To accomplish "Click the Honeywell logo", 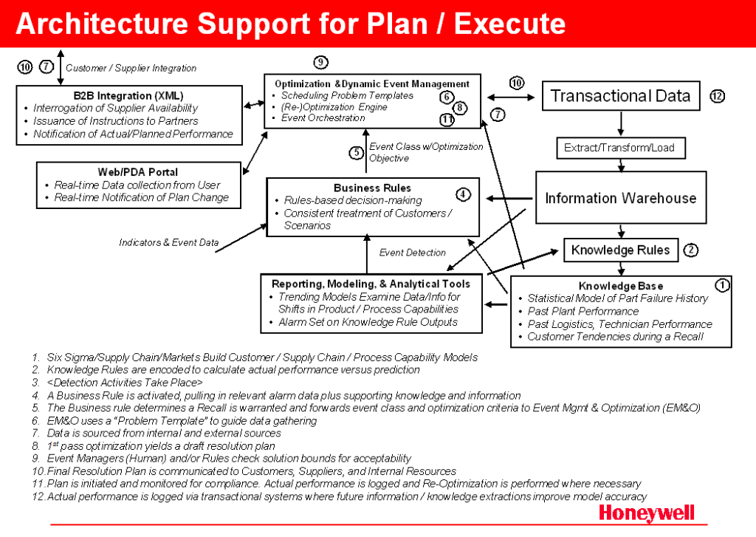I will coord(647,513).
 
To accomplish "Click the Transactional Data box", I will coord(620,96).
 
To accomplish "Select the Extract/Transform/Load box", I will coord(619,148).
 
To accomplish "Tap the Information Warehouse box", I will coord(620,198).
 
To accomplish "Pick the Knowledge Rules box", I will coord(620,250).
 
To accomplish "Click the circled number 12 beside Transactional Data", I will coord(717,96).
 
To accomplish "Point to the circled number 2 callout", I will coord(690,250).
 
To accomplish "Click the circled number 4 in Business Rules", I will coord(463,195).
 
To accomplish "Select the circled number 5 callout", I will coord(357,153).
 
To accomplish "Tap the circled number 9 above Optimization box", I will coord(320,62).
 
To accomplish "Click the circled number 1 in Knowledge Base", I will coord(722,284).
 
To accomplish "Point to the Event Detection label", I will coord(413,253).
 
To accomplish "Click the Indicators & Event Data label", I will coord(169,242).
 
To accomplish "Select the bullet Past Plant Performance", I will coord(583,311).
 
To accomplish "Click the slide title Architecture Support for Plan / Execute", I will coord(291,24).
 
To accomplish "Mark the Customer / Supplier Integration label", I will coord(131,68).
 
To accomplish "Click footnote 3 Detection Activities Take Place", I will coord(125,383).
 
